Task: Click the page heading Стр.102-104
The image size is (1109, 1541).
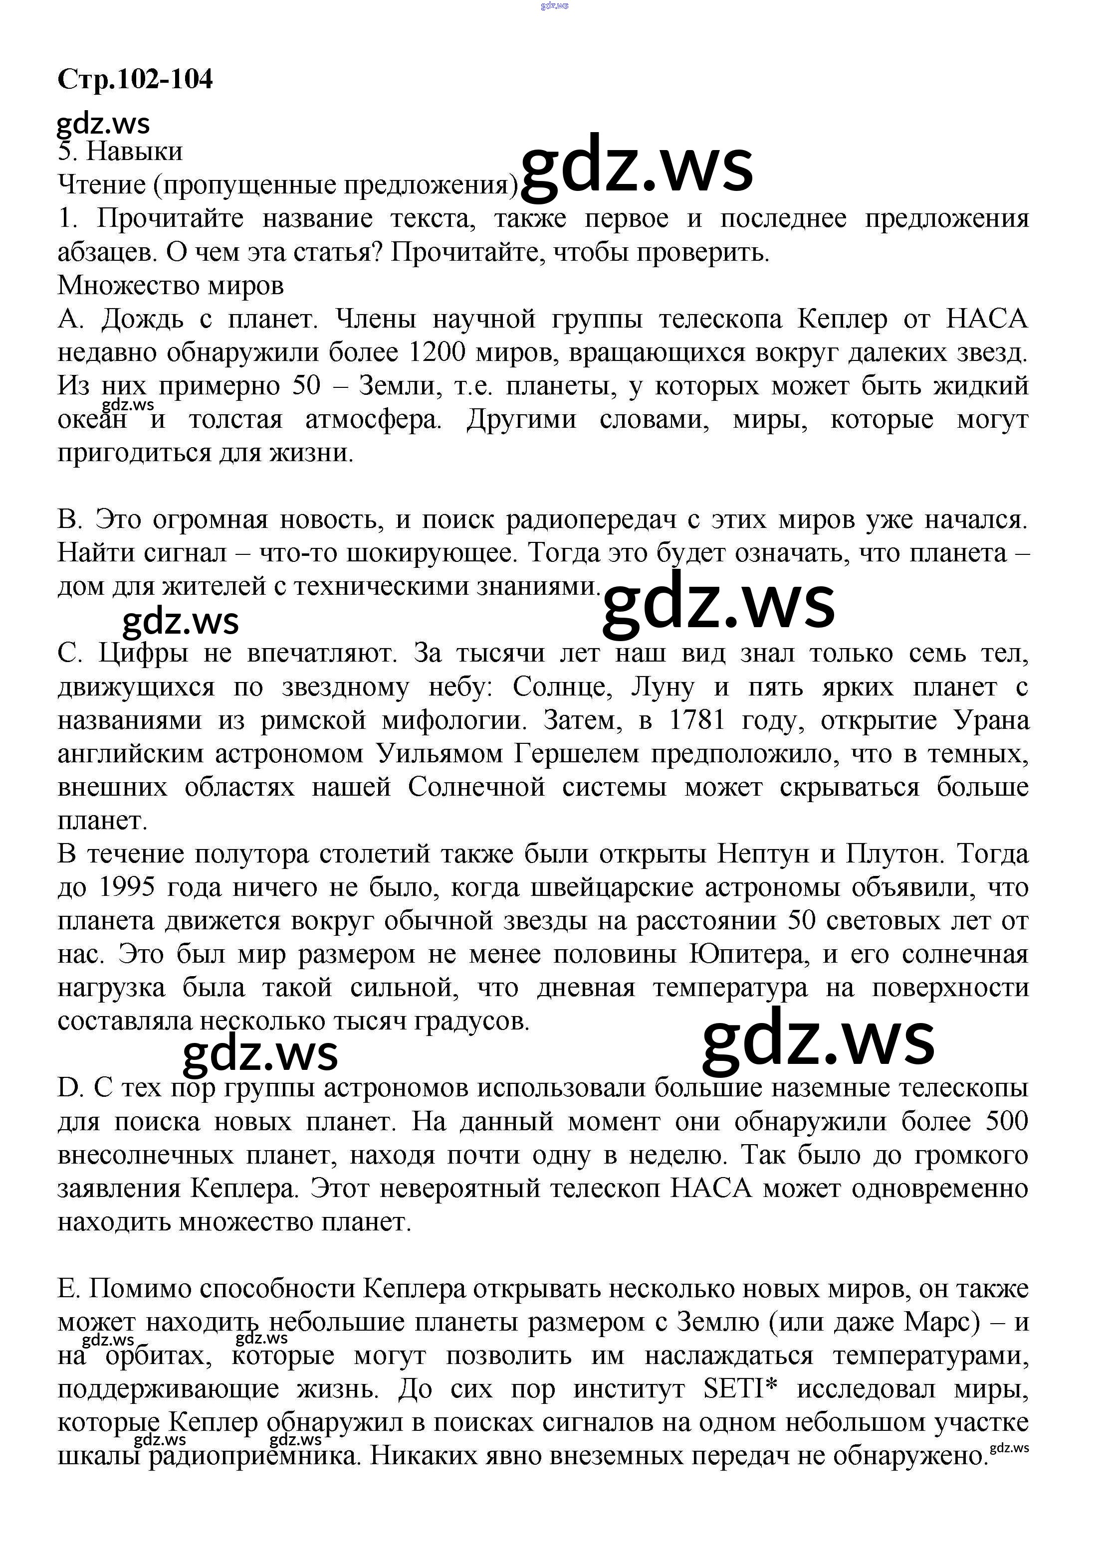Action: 135,79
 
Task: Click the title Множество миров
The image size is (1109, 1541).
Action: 170,285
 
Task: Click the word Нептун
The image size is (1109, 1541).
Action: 763,854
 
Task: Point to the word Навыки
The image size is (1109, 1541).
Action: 135,152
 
